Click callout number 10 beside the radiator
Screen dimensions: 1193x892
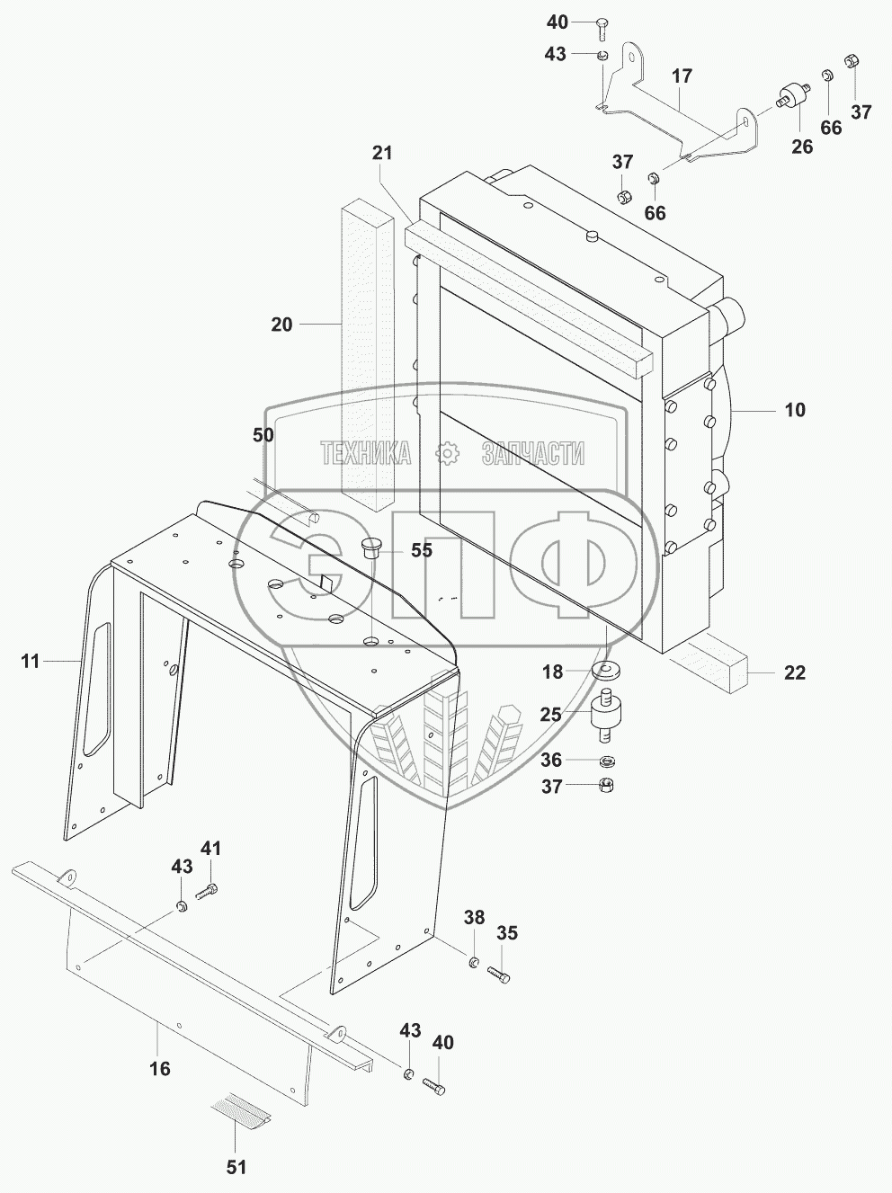(x=795, y=411)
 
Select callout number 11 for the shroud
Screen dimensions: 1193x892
(x=31, y=662)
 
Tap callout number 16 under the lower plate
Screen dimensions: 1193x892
(x=159, y=1069)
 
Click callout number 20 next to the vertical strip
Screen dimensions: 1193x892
(x=281, y=324)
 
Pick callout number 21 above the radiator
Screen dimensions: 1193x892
(x=383, y=153)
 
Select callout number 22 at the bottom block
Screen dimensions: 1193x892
(x=795, y=672)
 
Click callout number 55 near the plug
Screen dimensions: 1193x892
(x=422, y=550)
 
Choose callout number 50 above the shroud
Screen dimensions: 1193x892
(x=263, y=435)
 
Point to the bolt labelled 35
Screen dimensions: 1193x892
(x=500, y=974)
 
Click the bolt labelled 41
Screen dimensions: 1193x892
(x=207, y=892)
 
